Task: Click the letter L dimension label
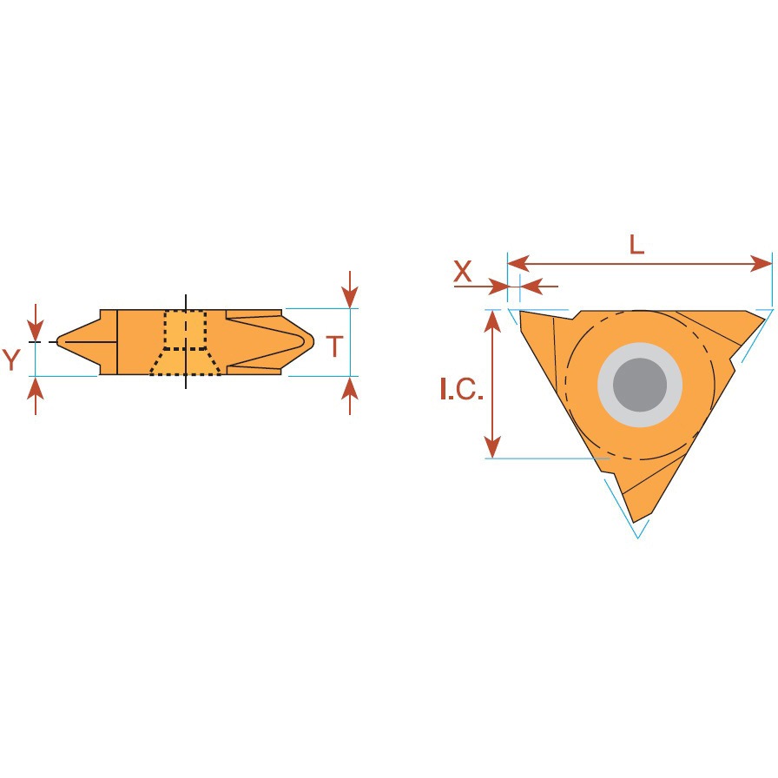(x=636, y=245)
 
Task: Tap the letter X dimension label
(x=463, y=272)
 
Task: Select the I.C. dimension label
(x=461, y=389)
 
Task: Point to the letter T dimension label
(x=335, y=346)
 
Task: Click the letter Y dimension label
(x=11, y=359)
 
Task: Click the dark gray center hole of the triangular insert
(x=640, y=385)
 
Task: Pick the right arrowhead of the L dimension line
(x=762, y=263)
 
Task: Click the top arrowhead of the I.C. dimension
(x=492, y=321)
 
